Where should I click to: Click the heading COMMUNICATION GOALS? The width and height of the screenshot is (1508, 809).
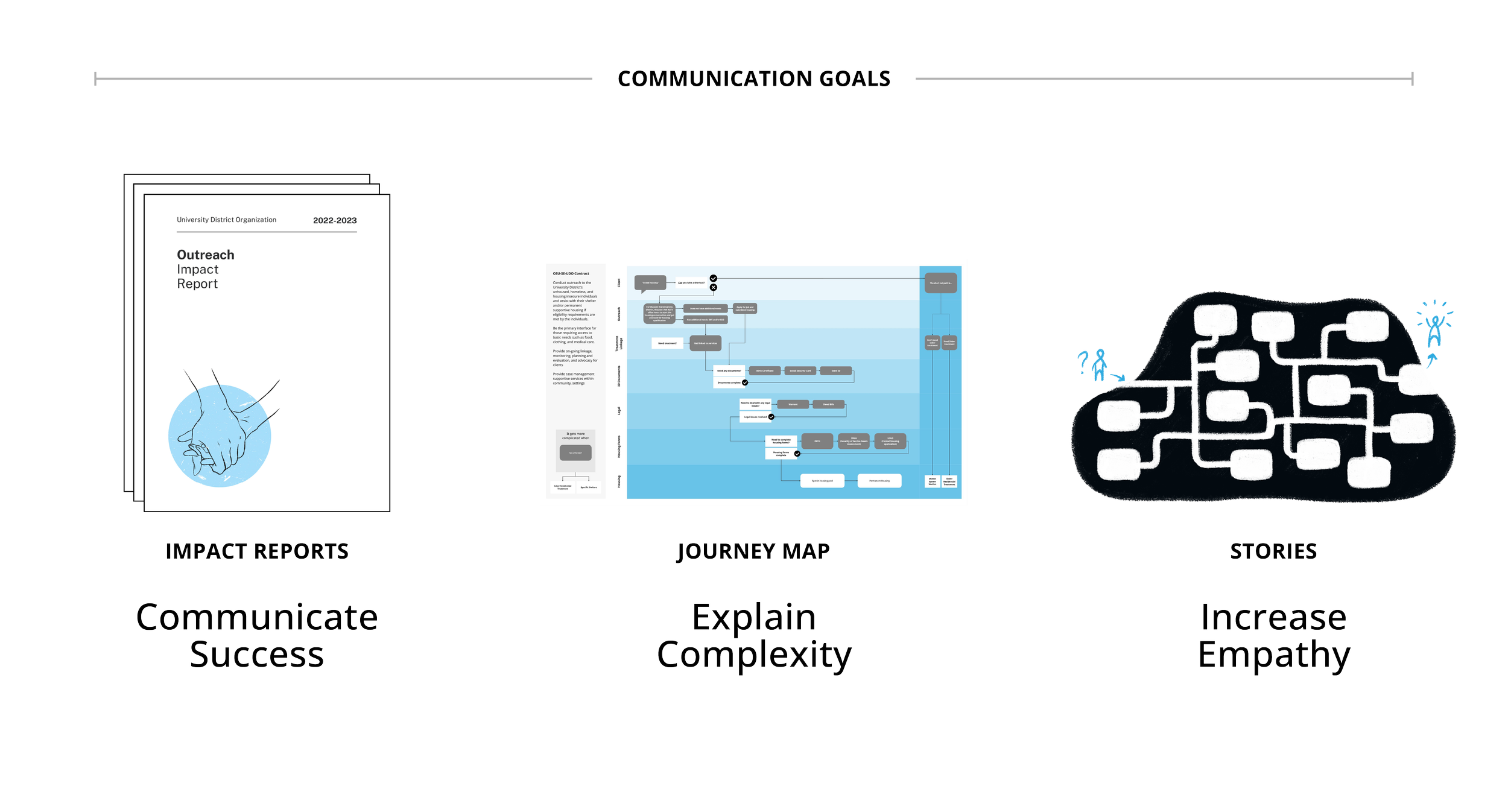[753, 79]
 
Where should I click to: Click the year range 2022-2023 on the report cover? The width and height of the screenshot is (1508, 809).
[335, 221]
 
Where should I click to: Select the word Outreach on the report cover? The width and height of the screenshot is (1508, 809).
[205, 255]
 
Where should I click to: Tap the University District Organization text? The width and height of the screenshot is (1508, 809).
[226, 220]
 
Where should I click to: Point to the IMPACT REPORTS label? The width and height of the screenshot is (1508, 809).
[257, 551]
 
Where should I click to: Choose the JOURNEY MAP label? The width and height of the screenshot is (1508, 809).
[753, 551]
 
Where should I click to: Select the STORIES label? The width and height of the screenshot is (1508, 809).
[1273, 551]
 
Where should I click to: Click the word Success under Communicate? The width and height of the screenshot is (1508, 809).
[257, 655]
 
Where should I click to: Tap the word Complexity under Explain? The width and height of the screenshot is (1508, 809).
[753, 655]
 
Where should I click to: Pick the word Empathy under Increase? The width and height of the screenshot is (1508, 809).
[1273, 655]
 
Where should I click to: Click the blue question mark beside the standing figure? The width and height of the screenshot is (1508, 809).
[1083, 362]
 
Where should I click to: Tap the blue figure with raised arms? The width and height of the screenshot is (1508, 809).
[1434, 329]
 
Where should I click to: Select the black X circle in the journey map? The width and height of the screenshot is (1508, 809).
[714, 288]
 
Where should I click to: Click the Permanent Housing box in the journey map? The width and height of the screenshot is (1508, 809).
[879, 481]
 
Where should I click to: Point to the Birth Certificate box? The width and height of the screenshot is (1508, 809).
[764, 371]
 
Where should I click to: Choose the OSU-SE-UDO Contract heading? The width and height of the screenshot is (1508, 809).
[571, 274]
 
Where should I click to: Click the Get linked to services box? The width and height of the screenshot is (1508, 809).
[705, 343]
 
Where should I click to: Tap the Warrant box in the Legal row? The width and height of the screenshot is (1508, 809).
[793, 404]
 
